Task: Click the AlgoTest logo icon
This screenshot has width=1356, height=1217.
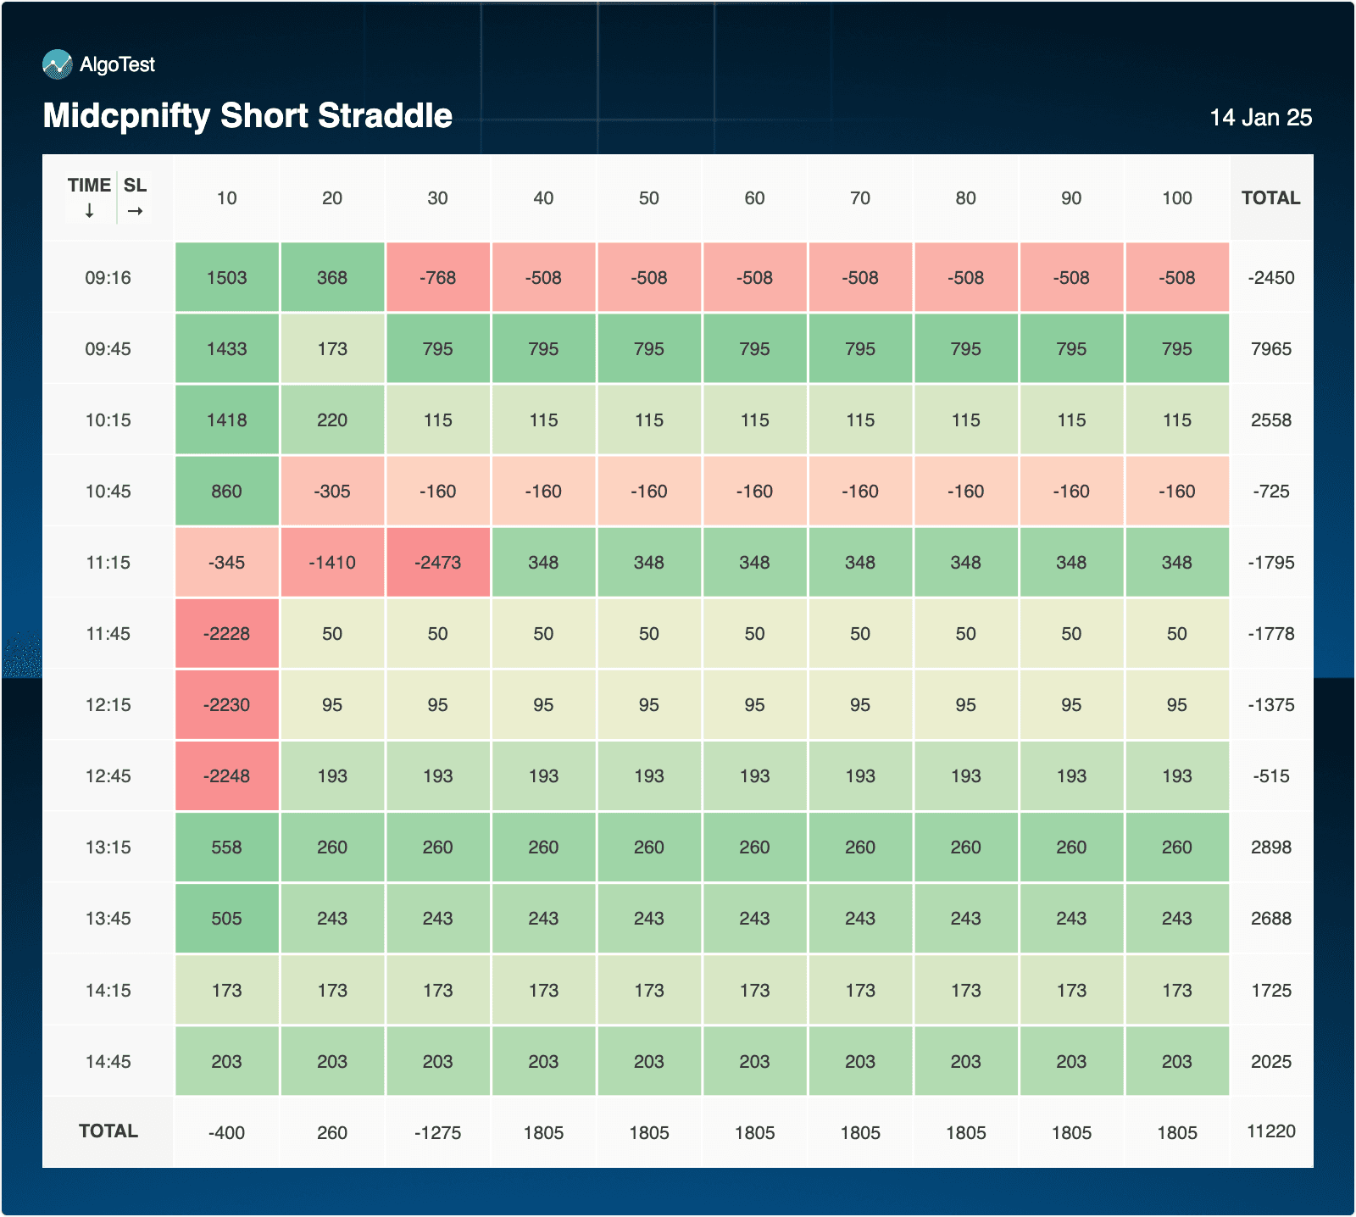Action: coord(58,64)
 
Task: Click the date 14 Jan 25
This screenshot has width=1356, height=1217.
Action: coord(1260,118)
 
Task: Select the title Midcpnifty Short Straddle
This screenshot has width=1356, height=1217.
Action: coord(247,116)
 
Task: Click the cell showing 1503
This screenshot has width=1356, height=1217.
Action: coord(227,278)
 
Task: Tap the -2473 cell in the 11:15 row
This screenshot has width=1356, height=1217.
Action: coord(438,563)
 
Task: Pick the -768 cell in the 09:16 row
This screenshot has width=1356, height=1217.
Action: coord(438,278)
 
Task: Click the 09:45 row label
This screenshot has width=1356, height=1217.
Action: coord(108,349)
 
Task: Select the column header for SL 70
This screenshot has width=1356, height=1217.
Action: coord(860,198)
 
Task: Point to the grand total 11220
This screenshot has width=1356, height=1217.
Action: coord(1271,1131)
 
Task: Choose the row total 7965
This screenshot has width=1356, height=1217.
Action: coord(1271,349)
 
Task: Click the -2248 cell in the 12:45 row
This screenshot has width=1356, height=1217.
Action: coord(227,776)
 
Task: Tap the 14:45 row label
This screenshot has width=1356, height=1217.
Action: coord(108,1062)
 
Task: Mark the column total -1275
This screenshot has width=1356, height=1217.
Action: coord(438,1133)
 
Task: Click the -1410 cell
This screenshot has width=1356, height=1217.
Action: coord(332,563)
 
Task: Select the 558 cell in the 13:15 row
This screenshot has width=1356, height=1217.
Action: coord(227,847)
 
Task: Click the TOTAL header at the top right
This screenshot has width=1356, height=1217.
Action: coord(1270,198)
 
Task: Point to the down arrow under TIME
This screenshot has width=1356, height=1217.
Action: coord(89,211)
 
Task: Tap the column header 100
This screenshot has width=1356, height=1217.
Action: coord(1177,198)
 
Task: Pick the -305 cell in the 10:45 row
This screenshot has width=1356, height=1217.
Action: coord(332,492)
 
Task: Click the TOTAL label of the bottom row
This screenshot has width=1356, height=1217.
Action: coord(108,1131)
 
